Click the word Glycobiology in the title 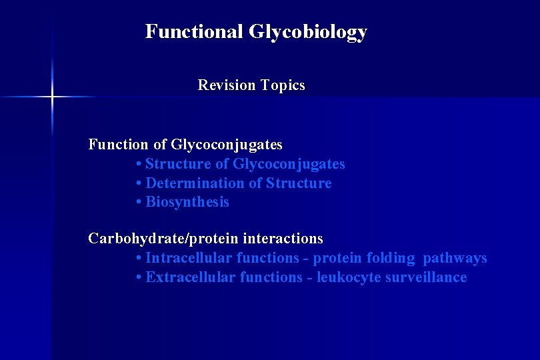(308, 32)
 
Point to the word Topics (283, 85)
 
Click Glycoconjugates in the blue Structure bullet (289, 163)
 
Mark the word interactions (283, 238)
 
